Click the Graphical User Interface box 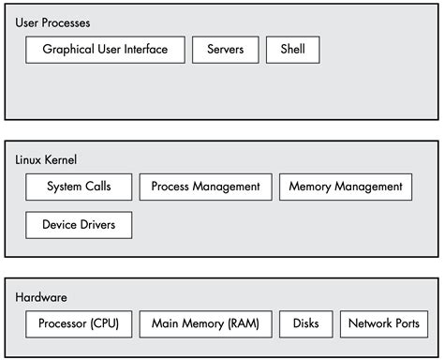[x=105, y=50]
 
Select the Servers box [x=225, y=50]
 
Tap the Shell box [x=292, y=50]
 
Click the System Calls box [x=79, y=187]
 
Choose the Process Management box [x=205, y=187]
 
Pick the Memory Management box [x=346, y=187]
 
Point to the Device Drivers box [x=79, y=225]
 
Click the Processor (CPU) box [x=79, y=324]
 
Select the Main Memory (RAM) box [x=205, y=324]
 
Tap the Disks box [x=305, y=324]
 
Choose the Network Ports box [x=383, y=324]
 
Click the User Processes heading [x=53, y=22]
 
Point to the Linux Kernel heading [x=47, y=160]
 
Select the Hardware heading [x=41, y=297]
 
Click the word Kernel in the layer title [x=61, y=160]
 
